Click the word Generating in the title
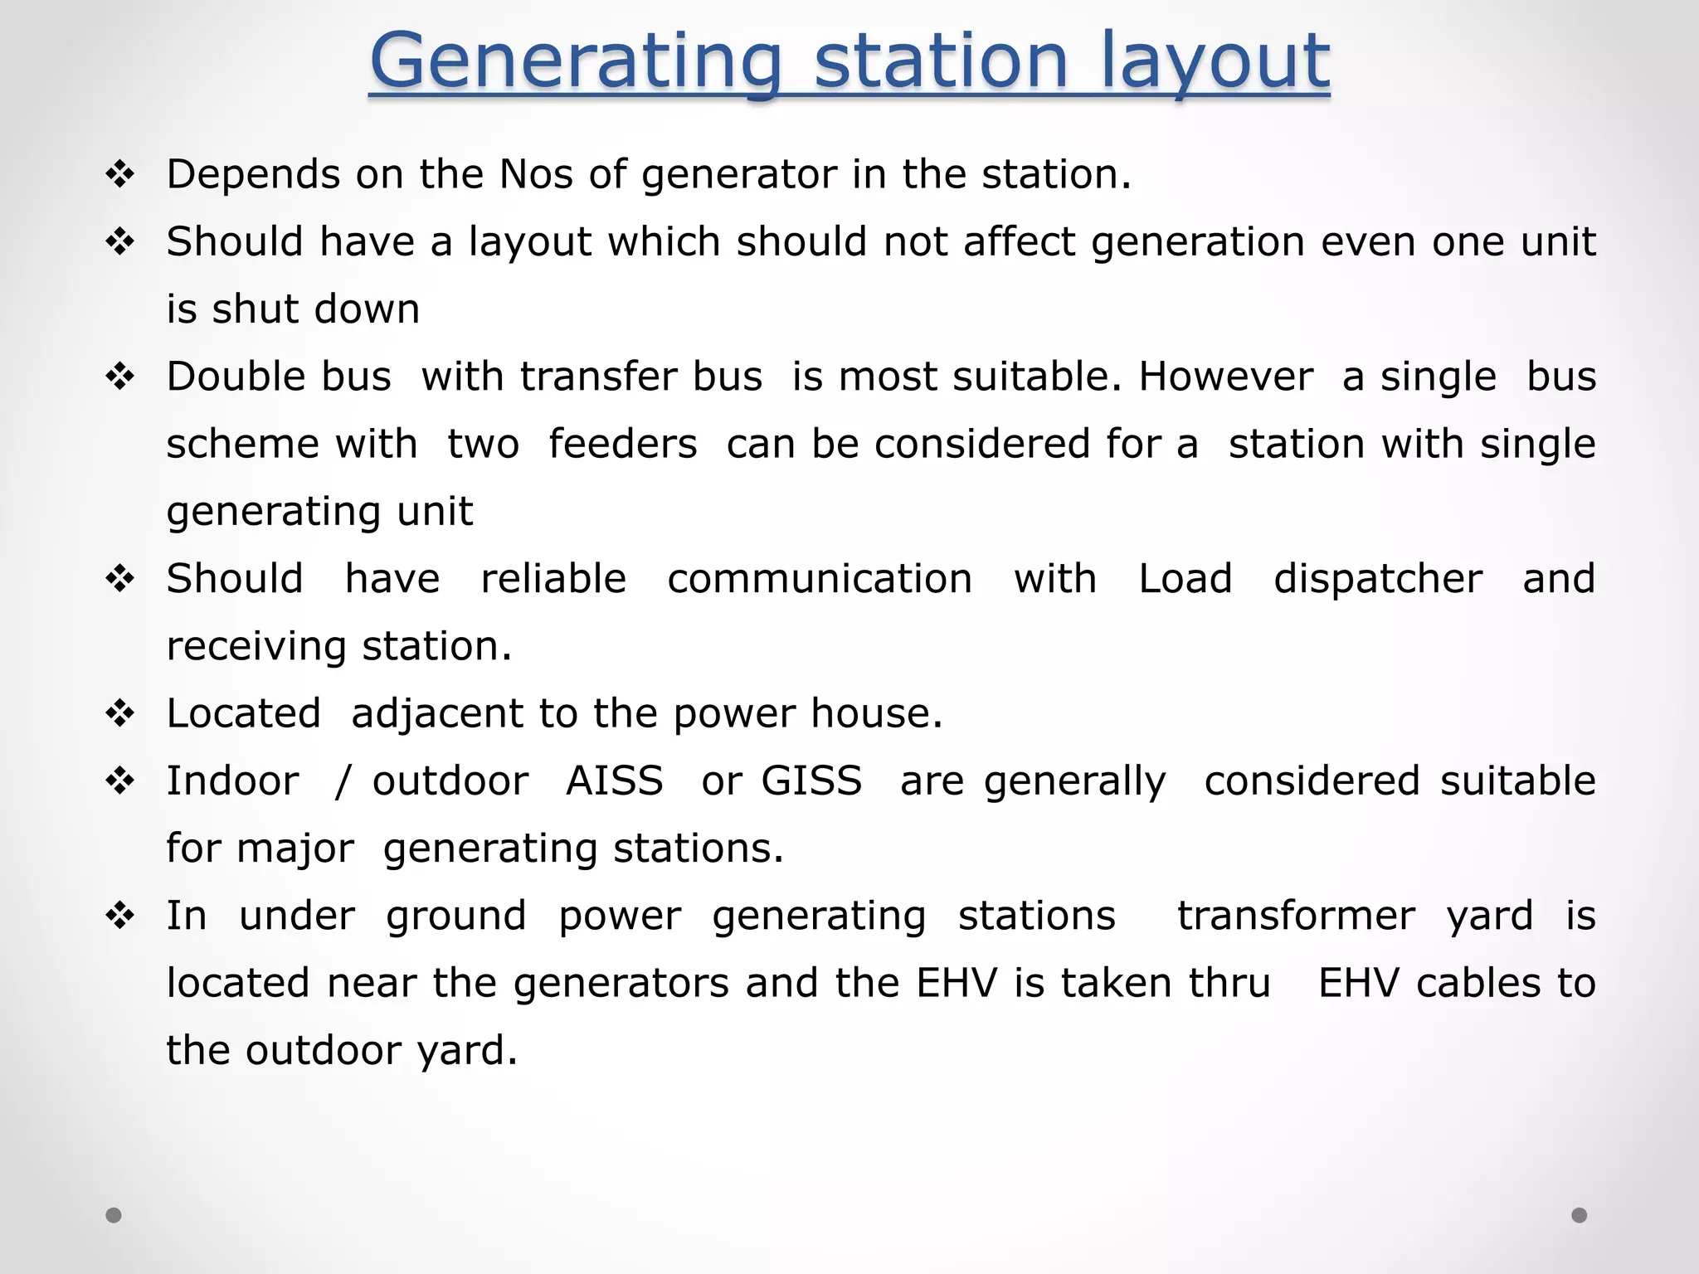(x=576, y=62)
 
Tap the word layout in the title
(x=1215, y=62)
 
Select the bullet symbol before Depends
(x=120, y=175)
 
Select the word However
(x=1225, y=377)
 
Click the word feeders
(x=622, y=444)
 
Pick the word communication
(x=820, y=579)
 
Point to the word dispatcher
(x=1377, y=579)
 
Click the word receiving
(x=256, y=646)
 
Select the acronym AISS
(x=614, y=781)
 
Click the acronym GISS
(x=811, y=781)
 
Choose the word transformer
(x=1296, y=916)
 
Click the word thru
(x=1229, y=983)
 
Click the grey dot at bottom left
(x=114, y=1215)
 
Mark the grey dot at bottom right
(x=1580, y=1215)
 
